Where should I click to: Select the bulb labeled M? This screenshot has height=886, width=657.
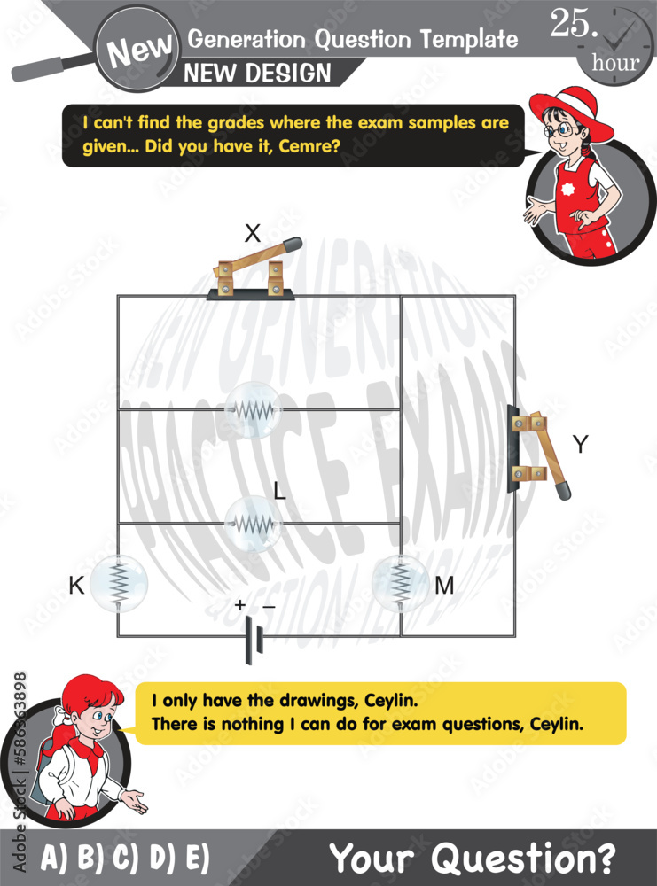click(401, 582)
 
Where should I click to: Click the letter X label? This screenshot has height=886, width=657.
click(253, 234)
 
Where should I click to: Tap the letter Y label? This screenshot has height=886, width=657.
click(580, 445)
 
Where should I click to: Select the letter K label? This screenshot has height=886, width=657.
click(75, 585)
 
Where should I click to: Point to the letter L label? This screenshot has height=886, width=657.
click(279, 493)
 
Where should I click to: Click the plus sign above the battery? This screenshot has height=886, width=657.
click(239, 605)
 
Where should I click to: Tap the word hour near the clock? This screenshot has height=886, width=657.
click(615, 63)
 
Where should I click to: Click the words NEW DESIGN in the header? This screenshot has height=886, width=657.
click(258, 73)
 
